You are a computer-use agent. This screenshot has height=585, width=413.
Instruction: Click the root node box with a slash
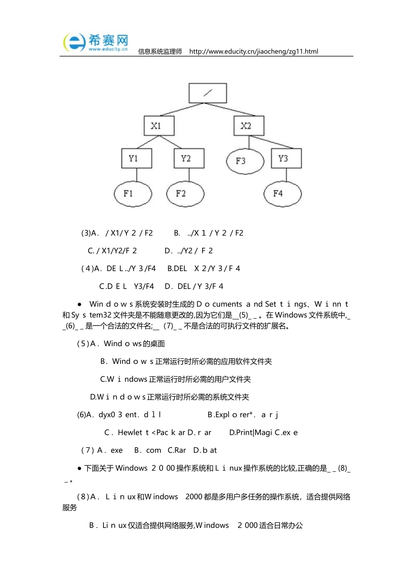point(207,93)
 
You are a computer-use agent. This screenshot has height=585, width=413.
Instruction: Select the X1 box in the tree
point(159,126)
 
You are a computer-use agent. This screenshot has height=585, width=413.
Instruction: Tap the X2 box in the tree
point(249,126)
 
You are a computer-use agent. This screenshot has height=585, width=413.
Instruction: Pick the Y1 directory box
point(137,158)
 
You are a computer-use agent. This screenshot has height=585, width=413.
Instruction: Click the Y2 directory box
point(189,158)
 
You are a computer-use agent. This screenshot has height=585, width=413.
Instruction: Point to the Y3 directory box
point(286,158)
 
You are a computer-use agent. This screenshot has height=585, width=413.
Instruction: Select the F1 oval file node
point(133,194)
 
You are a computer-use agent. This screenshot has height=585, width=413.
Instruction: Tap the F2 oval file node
point(185,194)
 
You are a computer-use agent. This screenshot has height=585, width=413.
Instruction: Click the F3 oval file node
point(245,161)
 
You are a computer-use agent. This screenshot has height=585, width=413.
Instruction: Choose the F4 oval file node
point(283,194)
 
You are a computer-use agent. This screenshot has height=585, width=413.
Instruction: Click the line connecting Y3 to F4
point(286,175)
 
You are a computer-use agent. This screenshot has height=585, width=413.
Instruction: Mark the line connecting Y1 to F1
point(137,175)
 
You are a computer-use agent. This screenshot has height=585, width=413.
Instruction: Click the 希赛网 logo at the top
point(96,43)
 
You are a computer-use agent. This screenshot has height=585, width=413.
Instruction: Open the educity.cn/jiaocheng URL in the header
point(253,51)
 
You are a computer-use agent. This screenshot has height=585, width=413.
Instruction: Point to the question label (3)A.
point(90,233)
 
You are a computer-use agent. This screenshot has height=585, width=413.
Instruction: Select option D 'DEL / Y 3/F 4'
point(194,286)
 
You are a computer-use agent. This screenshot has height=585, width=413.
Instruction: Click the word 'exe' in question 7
point(117,451)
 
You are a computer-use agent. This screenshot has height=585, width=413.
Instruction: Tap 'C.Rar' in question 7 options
point(177,451)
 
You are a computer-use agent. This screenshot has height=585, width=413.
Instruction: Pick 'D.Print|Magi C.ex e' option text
point(263,433)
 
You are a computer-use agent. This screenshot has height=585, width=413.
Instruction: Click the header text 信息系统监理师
point(160,51)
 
